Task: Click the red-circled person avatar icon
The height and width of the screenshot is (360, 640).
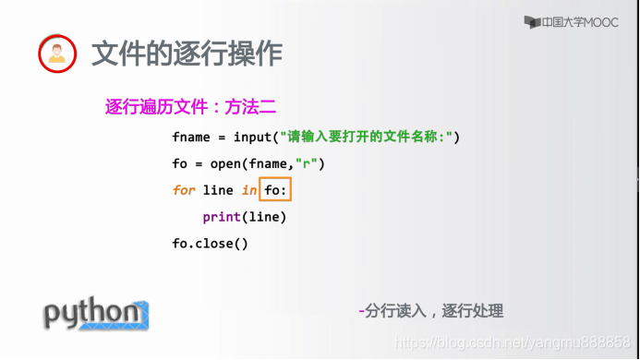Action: pyautogui.click(x=57, y=54)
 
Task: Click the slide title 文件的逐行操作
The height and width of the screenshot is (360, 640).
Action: pyautogui.click(x=187, y=54)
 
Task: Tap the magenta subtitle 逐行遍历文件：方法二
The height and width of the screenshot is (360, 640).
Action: pyautogui.click(x=190, y=107)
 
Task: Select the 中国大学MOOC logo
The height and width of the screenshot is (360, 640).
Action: pyautogui.click(x=571, y=22)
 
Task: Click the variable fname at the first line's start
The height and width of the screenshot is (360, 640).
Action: pyautogui.click(x=191, y=137)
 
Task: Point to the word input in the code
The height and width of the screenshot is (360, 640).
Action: pyautogui.click(x=252, y=138)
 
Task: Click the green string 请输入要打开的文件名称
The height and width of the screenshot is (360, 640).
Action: pyautogui.click(x=366, y=137)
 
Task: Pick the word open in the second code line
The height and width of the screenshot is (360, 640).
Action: pyautogui.click(x=225, y=164)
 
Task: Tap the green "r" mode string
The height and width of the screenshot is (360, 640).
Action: pyautogui.click(x=306, y=163)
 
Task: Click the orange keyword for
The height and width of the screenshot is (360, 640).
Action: pyautogui.click(x=184, y=190)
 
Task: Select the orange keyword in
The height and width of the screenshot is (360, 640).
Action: pyautogui.click(x=249, y=190)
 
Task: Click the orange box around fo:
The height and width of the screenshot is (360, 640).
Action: pyautogui.click(x=275, y=177)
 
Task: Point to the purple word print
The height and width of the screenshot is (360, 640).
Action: pyautogui.click(x=222, y=217)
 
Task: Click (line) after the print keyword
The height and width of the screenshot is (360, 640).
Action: pyautogui.click(x=264, y=217)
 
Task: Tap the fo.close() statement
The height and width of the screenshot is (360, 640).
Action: pyautogui.click(x=210, y=244)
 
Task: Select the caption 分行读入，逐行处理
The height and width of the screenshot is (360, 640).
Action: pyautogui.click(x=434, y=311)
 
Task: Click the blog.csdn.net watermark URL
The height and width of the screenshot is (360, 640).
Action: pyautogui.click(x=513, y=342)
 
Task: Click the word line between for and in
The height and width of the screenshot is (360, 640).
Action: pyautogui.click(x=218, y=190)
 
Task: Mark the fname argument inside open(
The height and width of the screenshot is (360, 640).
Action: pyautogui.click(x=268, y=164)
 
